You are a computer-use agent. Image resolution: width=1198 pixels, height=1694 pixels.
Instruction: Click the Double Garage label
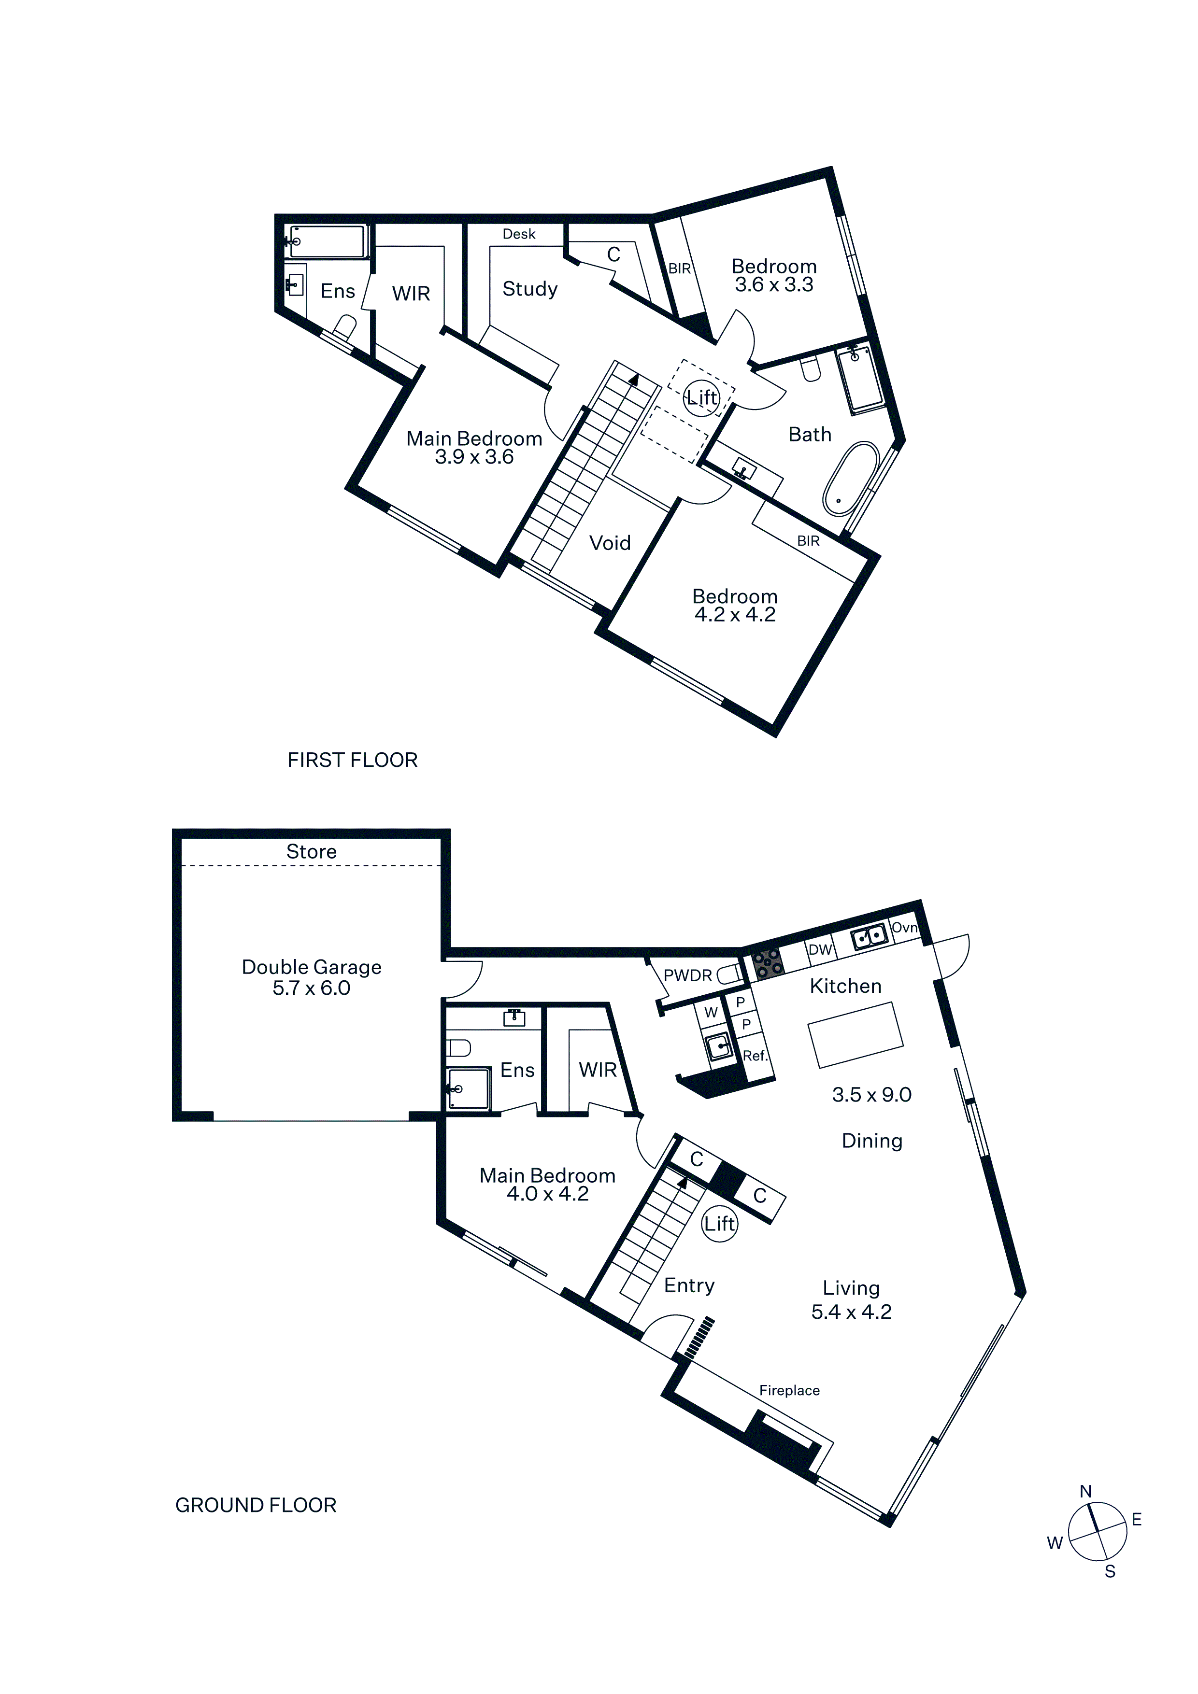pyautogui.click(x=312, y=967)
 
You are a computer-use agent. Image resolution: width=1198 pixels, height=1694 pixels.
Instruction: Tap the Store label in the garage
pyautogui.click(x=312, y=851)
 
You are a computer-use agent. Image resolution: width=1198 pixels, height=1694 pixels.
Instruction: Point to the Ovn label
pyautogui.click(x=904, y=928)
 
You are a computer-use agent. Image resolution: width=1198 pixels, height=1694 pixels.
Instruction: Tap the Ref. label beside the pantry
pyautogui.click(x=755, y=1056)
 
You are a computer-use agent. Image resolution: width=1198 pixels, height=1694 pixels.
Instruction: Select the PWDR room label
pyautogui.click(x=688, y=975)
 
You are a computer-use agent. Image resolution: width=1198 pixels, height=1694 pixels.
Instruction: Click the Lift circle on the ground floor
pyautogui.click(x=719, y=1224)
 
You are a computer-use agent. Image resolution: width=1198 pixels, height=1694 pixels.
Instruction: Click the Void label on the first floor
pyautogui.click(x=610, y=543)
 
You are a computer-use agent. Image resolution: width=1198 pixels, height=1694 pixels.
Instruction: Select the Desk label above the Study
pyautogui.click(x=519, y=234)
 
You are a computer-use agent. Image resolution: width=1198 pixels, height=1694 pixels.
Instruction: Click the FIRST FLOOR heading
pyautogui.click(x=352, y=760)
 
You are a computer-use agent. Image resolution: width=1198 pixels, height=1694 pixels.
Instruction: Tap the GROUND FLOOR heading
pyautogui.click(x=256, y=1505)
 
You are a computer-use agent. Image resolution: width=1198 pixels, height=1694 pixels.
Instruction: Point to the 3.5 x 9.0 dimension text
pyautogui.click(x=872, y=1095)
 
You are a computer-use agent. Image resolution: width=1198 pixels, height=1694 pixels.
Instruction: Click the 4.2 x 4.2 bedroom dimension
pyautogui.click(x=735, y=615)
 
